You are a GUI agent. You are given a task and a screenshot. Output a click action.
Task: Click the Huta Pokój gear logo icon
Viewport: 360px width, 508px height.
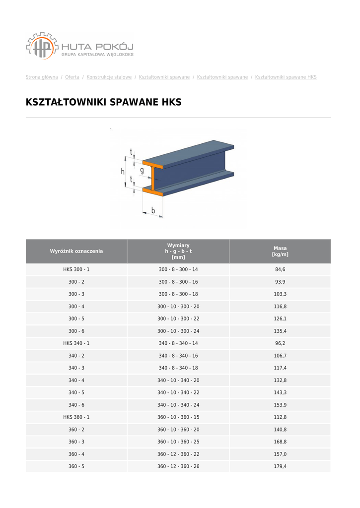[x=42, y=46]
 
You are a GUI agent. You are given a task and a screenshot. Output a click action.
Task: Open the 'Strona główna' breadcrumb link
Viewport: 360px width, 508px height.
[x=42, y=77]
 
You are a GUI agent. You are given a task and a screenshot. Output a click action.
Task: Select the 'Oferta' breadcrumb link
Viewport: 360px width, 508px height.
[x=72, y=77]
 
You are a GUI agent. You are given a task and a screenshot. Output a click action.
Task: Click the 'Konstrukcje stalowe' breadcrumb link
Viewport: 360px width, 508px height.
[x=109, y=77]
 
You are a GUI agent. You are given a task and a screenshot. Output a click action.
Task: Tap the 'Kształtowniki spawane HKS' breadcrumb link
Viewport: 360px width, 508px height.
[x=286, y=77]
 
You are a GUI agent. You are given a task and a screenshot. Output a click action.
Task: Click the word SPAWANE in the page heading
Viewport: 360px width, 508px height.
[x=134, y=103]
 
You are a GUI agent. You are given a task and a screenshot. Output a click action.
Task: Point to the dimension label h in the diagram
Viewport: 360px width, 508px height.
[x=123, y=171]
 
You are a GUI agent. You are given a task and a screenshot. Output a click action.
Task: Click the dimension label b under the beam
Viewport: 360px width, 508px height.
[x=153, y=210]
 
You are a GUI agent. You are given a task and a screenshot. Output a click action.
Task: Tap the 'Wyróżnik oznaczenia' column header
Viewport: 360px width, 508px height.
[x=76, y=251]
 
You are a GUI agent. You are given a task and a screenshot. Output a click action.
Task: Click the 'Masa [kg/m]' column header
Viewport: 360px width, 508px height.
[x=280, y=251]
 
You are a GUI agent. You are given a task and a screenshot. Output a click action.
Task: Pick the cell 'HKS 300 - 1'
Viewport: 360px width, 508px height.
[x=76, y=269]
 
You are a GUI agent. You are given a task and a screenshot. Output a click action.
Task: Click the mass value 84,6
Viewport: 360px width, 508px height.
[x=280, y=269]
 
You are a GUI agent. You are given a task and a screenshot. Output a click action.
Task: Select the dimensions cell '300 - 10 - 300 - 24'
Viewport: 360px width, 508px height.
[x=178, y=331]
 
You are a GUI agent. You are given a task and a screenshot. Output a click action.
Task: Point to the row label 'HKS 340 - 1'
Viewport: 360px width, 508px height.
[x=76, y=343]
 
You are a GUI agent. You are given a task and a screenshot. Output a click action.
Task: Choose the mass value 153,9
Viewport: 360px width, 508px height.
[x=280, y=405]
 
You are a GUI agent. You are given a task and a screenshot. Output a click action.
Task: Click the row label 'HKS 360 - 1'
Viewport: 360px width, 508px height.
[x=76, y=417]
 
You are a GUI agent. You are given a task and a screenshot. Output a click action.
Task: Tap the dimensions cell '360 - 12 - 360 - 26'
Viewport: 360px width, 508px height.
[x=178, y=466]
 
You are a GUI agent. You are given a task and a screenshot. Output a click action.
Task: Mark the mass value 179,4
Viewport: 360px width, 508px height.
[x=280, y=466]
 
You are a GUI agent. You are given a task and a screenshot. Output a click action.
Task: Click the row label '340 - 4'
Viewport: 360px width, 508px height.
[x=76, y=381]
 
